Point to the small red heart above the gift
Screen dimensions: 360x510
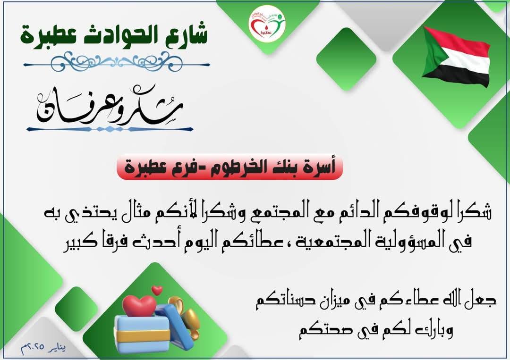[x=157, y=289]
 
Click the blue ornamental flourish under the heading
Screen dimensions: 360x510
[x=115, y=61]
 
